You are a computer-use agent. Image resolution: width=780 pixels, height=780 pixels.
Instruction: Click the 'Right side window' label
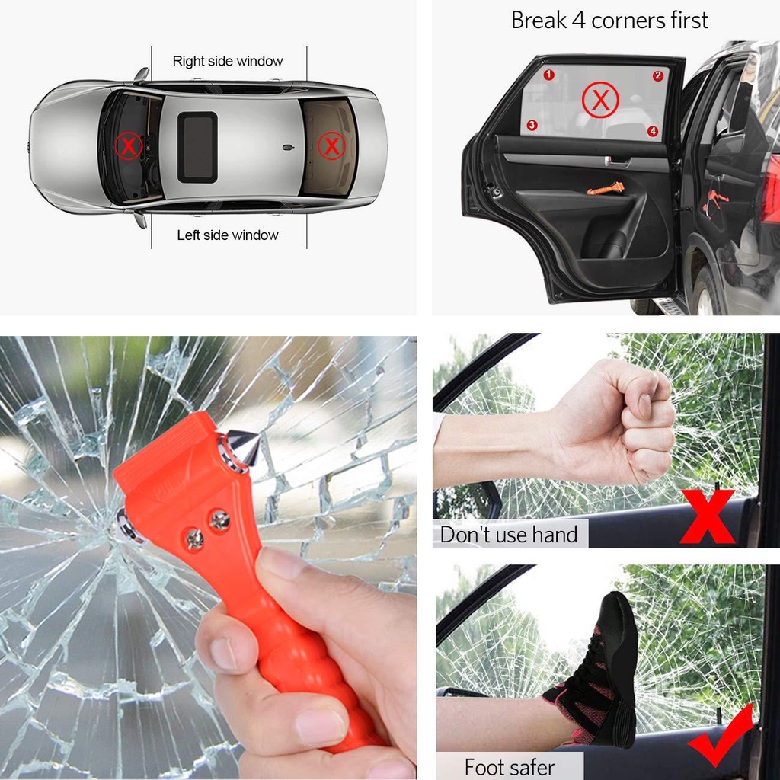228,61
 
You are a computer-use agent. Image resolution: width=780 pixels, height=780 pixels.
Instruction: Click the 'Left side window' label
228,235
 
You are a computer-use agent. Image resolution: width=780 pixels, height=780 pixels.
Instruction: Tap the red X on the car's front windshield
129,145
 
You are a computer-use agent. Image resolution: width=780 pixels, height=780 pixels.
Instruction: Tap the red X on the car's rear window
331,145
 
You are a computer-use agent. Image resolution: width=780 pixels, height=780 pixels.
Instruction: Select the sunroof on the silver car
197,146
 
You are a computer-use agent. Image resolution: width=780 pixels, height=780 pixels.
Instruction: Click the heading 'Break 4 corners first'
609,21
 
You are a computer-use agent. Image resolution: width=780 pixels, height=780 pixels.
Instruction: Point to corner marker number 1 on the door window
548,75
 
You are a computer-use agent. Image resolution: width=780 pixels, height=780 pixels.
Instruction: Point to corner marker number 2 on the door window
658,76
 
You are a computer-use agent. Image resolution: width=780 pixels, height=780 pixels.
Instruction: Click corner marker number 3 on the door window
532,125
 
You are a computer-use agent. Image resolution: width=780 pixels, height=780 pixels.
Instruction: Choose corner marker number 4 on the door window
653,131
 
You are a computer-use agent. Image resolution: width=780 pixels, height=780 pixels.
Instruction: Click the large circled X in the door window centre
600,101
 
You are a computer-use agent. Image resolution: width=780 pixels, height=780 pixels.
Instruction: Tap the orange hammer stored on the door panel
606,187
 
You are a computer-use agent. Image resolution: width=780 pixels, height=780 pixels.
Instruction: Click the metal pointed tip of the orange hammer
245,444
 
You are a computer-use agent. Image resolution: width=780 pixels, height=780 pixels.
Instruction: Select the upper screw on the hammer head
220,521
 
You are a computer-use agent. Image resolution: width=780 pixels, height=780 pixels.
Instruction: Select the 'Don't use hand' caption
509,535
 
